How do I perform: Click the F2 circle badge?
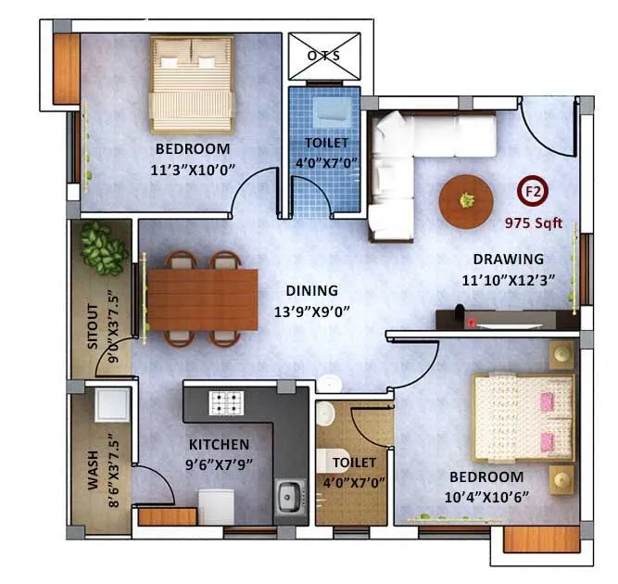pos(533,193)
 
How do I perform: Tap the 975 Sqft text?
pos(534,223)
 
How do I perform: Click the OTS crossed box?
pos(323,56)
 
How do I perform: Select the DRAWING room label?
pos(509,260)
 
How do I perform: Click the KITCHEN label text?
pos(219,444)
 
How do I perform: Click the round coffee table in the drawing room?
pos(467,200)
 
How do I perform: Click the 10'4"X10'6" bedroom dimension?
pos(486,495)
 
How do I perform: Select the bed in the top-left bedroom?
pos(192,83)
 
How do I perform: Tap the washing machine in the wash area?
pos(111,405)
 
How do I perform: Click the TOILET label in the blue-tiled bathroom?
pos(327,143)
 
